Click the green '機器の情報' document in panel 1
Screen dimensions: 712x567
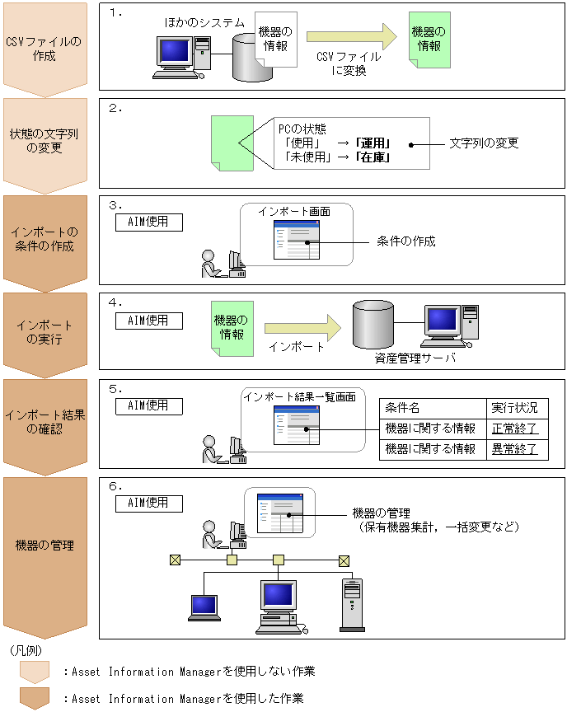(x=429, y=39)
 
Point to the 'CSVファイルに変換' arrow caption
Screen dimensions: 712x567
(x=349, y=63)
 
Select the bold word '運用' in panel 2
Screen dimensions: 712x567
(x=373, y=142)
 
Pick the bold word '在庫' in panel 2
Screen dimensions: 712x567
(x=373, y=156)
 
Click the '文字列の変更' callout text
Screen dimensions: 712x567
(x=484, y=143)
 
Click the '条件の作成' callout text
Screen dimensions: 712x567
(x=405, y=241)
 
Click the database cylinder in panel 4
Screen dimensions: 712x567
(x=374, y=324)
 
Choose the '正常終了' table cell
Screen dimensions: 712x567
(x=514, y=429)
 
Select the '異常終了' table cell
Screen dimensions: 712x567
(x=514, y=449)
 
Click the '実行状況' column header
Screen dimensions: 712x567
(x=514, y=408)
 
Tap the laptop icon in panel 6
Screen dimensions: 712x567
(x=204, y=608)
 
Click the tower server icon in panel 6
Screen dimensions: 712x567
(x=352, y=605)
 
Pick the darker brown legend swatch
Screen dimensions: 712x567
(x=35, y=698)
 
